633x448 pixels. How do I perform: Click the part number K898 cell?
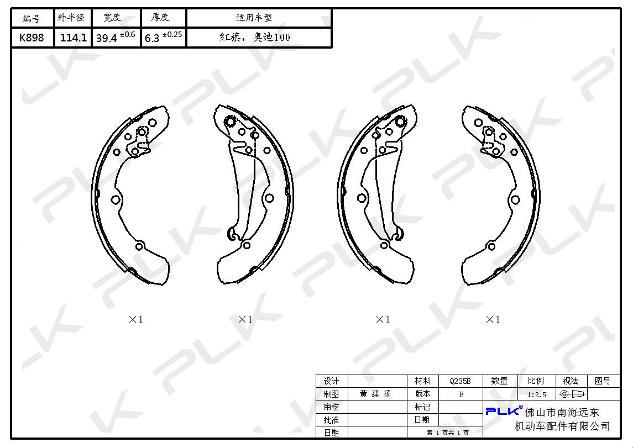point(32,38)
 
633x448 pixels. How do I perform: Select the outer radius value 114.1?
point(73,38)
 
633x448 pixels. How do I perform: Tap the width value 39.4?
point(107,38)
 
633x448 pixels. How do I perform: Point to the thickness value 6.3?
point(152,38)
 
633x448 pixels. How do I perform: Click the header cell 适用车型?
point(254,17)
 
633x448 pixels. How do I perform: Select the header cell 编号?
point(32,18)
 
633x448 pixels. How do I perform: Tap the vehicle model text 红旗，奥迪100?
point(255,37)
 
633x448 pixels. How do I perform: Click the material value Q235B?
point(460,381)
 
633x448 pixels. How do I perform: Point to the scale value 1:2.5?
point(536,394)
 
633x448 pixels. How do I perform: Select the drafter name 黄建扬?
point(375,393)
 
